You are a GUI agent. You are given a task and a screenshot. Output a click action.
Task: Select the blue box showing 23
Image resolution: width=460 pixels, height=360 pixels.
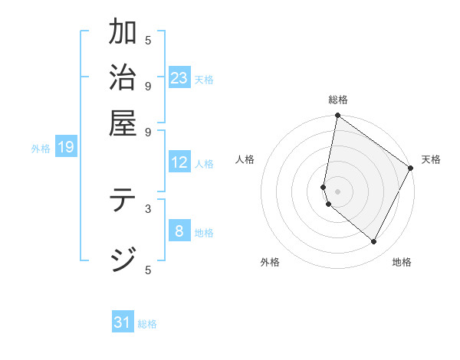coord(179,78)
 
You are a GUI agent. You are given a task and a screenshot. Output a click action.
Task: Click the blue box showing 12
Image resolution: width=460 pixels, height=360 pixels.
coord(179,162)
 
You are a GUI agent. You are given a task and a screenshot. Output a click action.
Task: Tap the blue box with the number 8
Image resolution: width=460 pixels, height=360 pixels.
coord(179,231)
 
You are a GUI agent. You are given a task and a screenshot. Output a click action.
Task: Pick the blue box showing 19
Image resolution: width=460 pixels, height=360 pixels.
coord(66,148)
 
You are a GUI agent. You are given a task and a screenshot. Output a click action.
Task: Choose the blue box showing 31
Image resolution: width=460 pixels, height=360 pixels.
coord(123,322)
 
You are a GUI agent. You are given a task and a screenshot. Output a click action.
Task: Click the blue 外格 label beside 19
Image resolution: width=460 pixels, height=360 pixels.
coord(41,149)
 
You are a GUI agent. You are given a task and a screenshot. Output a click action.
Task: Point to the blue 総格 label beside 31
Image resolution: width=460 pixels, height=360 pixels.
coord(147,324)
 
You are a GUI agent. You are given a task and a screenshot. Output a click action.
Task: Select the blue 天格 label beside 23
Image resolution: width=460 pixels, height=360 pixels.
coord(204,79)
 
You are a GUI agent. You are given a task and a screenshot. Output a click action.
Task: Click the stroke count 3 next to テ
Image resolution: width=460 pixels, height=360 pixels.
coord(148,208)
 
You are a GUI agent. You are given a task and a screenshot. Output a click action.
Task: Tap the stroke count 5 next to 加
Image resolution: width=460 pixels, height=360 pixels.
coord(148,40)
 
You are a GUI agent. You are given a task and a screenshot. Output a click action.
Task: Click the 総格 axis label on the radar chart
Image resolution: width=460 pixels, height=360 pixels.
coord(337,100)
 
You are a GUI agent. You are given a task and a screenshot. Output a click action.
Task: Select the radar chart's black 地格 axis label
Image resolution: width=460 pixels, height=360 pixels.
coord(402,262)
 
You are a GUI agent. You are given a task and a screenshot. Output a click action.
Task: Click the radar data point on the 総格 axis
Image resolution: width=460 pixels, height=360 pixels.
coord(337,116)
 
